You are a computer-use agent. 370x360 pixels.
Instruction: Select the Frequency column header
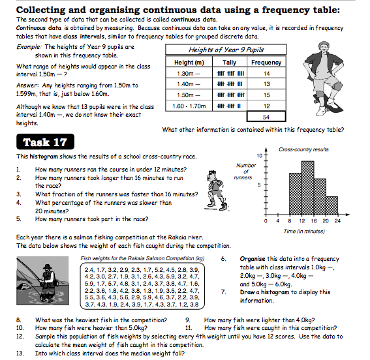(x=266, y=62)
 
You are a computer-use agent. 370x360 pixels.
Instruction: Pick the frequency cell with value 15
(x=266, y=95)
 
